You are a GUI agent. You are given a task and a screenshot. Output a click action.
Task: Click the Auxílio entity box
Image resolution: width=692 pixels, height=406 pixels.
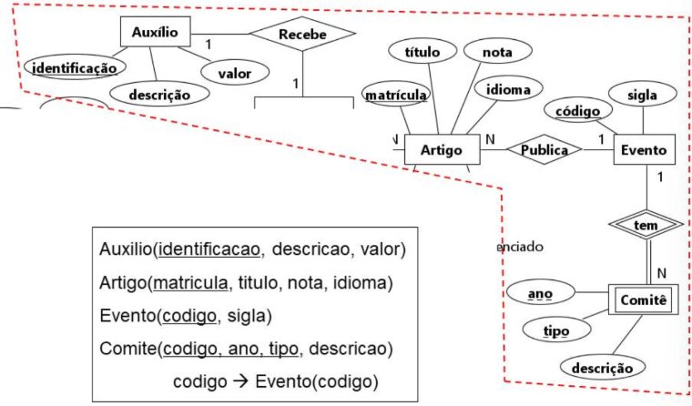click(156, 32)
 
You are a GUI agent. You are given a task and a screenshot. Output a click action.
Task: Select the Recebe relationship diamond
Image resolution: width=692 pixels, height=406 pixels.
click(302, 34)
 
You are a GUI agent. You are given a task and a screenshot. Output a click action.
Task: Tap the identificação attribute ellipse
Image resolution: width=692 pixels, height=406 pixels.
click(75, 67)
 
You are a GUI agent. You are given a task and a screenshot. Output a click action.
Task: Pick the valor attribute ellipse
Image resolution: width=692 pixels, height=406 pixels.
click(235, 73)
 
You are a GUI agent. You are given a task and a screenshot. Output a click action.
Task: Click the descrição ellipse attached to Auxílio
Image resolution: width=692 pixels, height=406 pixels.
click(159, 95)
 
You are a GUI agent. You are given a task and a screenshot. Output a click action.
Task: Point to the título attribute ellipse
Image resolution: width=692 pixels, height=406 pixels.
click(422, 52)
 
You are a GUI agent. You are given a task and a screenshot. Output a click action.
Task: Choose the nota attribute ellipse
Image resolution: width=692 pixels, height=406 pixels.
click(497, 52)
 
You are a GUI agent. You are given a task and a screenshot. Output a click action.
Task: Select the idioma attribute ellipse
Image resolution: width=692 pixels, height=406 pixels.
click(508, 89)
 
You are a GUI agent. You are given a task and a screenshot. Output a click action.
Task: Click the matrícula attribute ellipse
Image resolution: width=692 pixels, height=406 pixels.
click(396, 95)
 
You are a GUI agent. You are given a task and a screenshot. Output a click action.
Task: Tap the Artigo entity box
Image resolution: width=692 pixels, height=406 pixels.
click(442, 149)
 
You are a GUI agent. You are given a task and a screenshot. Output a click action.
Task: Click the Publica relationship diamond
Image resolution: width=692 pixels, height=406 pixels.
click(544, 149)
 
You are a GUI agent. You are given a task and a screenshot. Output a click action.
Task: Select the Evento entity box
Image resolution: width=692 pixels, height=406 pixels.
click(644, 149)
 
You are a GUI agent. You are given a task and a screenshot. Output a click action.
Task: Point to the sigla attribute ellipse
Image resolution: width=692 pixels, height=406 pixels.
click(643, 95)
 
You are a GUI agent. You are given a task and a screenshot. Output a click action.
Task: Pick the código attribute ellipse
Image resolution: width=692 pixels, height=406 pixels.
click(578, 111)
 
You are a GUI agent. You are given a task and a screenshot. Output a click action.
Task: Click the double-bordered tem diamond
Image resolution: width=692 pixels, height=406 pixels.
click(646, 225)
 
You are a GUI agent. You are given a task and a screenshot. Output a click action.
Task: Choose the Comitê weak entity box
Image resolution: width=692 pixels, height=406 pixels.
click(644, 299)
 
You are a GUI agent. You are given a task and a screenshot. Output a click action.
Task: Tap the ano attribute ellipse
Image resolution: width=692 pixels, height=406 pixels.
click(541, 292)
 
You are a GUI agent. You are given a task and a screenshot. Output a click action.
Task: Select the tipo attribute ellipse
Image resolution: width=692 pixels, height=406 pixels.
click(556, 330)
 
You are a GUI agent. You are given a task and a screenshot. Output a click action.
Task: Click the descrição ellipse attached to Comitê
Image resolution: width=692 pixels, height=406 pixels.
click(603, 367)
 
